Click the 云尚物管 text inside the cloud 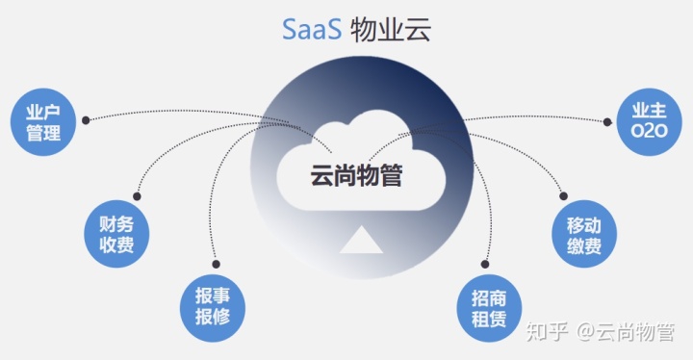[x=356, y=176]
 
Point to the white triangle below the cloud [x=361, y=240]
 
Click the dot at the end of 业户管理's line [x=86, y=120]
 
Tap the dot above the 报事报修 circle [x=216, y=262]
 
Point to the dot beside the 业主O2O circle [x=608, y=121]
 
